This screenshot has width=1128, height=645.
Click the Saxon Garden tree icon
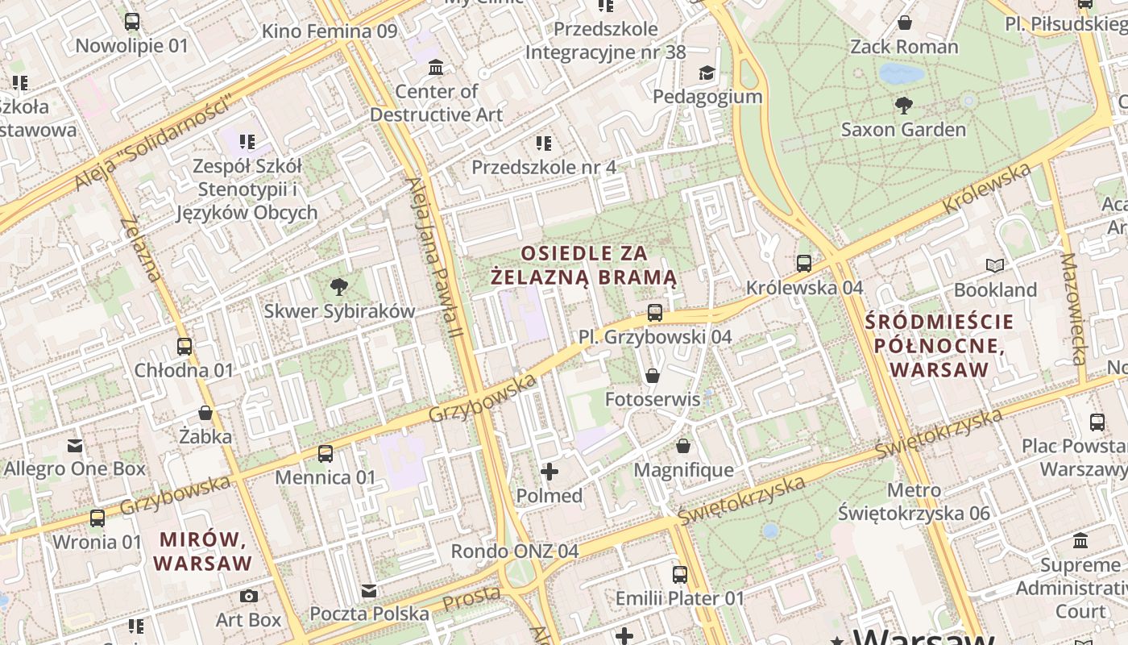pos(904,105)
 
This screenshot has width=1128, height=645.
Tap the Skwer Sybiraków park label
pos(339,310)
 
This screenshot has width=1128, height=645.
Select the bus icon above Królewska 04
pos(803,263)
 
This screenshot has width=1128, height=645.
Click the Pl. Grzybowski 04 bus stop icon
pos(654,312)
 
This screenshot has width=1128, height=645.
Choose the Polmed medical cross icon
pos(549,471)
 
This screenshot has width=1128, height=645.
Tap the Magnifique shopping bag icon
pos(683,446)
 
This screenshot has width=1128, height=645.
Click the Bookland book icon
pos(995,265)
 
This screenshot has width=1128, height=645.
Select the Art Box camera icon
pos(249,596)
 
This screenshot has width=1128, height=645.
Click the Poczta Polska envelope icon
pos(369,591)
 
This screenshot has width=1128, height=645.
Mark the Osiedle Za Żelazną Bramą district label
pos(584,265)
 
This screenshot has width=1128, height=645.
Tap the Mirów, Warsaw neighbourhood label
pos(202,551)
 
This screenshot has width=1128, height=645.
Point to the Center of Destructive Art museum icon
pos(436,67)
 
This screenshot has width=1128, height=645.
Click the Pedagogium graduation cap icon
pos(707,73)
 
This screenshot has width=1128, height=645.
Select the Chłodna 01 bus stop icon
pos(185,347)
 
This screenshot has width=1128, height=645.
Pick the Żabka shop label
pos(205,436)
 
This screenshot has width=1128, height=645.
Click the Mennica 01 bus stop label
pos(326,477)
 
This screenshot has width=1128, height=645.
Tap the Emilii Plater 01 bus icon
pos(680,574)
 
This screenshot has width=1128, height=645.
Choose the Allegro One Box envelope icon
pos(75,445)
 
